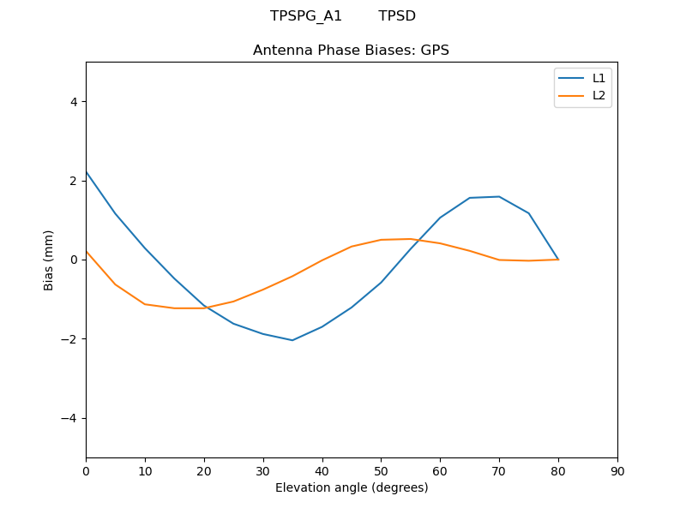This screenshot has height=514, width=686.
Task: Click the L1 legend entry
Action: click(x=599, y=78)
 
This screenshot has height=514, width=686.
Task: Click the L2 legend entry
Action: click(x=599, y=95)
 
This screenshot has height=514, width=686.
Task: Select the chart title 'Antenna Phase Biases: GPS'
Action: click(x=351, y=51)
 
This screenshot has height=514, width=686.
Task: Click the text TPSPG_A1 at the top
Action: click(x=306, y=16)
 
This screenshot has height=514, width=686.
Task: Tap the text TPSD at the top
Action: click(x=397, y=16)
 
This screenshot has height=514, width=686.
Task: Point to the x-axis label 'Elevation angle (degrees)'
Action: click(x=352, y=487)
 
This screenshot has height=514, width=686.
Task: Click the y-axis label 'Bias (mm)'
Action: click(x=49, y=260)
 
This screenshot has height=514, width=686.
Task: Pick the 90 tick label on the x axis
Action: click(x=617, y=470)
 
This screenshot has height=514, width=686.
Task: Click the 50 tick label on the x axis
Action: click(x=381, y=470)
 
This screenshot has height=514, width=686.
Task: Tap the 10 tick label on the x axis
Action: click(x=145, y=470)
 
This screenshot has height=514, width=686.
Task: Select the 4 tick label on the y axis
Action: click(x=74, y=101)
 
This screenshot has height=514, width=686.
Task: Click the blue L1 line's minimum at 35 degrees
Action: click(x=292, y=340)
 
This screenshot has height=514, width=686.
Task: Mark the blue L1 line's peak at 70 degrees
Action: click(x=499, y=196)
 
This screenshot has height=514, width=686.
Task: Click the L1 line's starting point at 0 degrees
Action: click(x=87, y=172)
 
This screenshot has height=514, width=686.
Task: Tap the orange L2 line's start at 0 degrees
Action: click(x=87, y=251)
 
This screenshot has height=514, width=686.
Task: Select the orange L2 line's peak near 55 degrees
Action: click(x=411, y=239)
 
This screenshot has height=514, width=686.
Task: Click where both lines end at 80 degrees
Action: click(x=558, y=259)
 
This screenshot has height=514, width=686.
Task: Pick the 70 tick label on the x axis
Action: click(x=499, y=470)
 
